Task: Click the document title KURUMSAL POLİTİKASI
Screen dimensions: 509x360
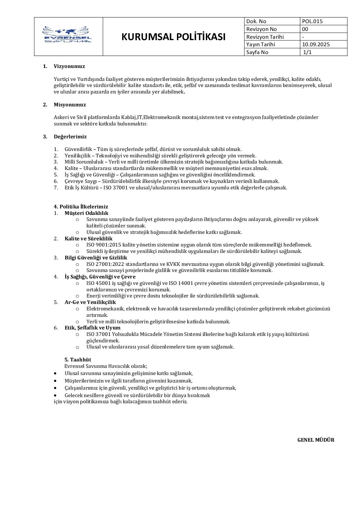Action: (x=174, y=37)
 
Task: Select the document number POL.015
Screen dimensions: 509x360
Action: (x=312, y=21)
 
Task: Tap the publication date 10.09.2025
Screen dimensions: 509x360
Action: (x=316, y=45)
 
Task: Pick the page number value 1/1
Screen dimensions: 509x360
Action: (x=307, y=52)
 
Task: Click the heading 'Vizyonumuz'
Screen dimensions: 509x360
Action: (x=69, y=66)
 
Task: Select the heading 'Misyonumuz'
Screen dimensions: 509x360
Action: (x=70, y=105)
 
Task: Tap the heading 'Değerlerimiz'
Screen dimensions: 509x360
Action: (x=70, y=137)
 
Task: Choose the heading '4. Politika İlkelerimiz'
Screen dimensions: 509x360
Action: (x=81, y=207)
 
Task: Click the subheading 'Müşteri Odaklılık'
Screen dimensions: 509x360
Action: (x=86, y=213)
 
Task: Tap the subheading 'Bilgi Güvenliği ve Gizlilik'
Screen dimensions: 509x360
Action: (x=96, y=258)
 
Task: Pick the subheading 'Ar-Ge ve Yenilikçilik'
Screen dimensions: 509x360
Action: (x=90, y=302)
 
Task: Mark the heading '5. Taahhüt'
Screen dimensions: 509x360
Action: (x=78, y=360)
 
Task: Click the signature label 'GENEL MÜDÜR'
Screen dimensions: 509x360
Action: (x=316, y=440)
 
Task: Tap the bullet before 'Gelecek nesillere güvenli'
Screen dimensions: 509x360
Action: (x=55, y=395)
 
